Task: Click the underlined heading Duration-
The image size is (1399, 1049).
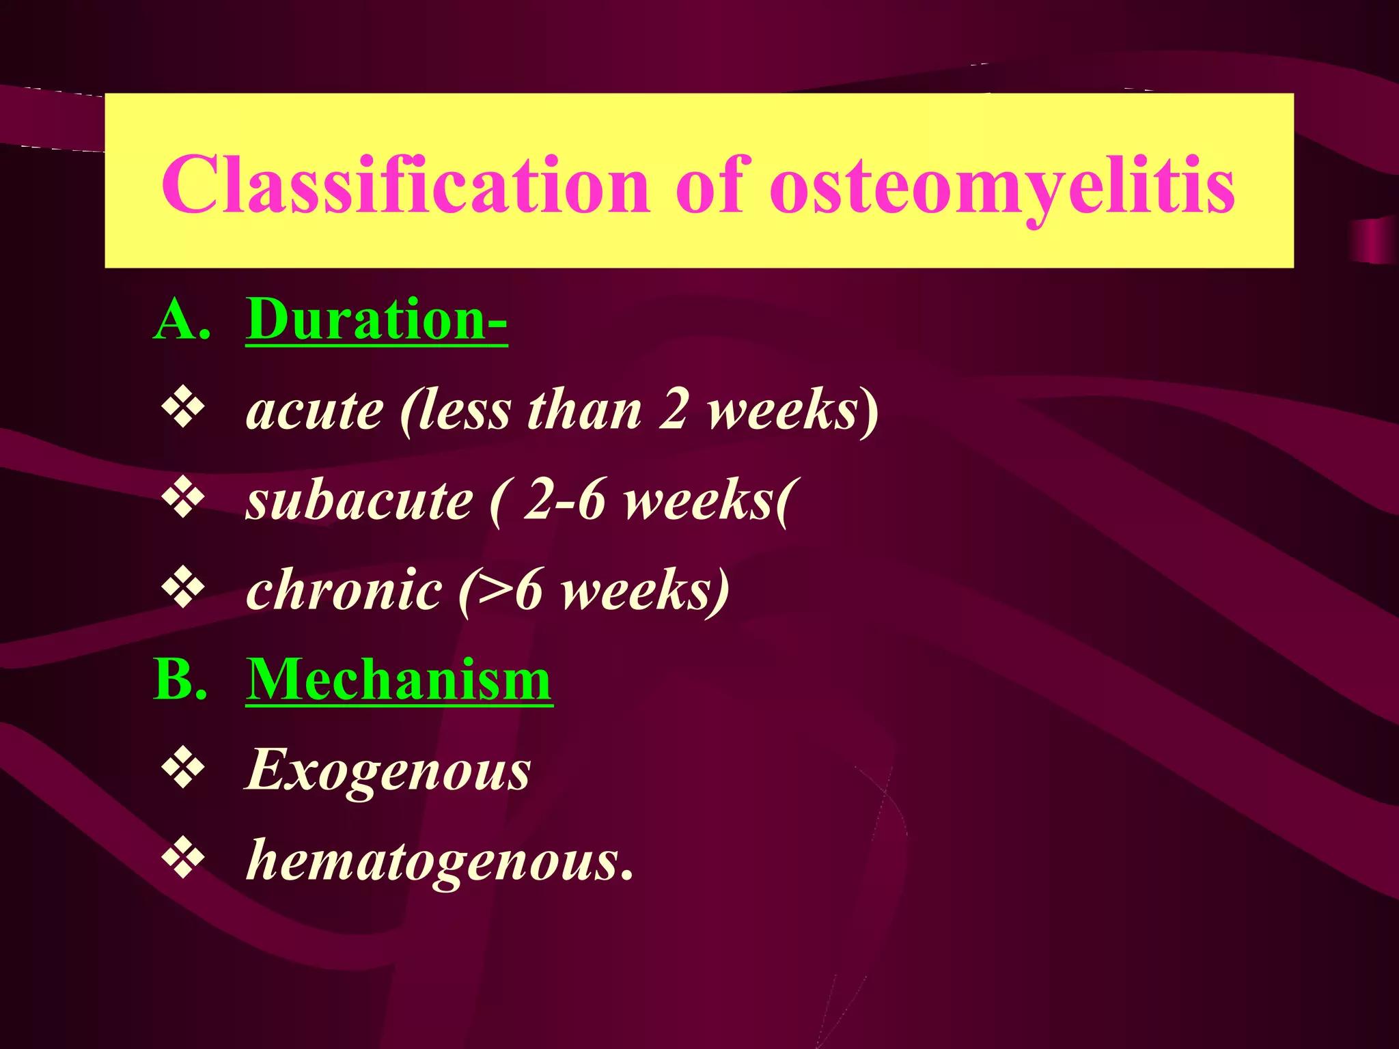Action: pyautogui.click(x=376, y=319)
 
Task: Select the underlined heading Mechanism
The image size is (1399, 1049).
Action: pyautogui.click(x=399, y=680)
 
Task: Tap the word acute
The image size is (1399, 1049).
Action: pyautogui.click(x=314, y=412)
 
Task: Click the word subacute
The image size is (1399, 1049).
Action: pyautogui.click(x=359, y=501)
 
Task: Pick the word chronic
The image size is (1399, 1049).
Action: pyautogui.click(x=344, y=590)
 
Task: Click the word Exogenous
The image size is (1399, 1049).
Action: pyautogui.click(x=387, y=771)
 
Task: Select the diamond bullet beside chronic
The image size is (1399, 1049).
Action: pyautogui.click(x=183, y=589)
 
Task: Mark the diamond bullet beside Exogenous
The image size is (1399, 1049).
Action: pyautogui.click(x=183, y=770)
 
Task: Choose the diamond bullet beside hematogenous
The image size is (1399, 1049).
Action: pyautogui.click(x=183, y=860)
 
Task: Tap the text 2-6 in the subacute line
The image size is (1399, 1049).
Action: pyautogui.click(x=564, y=501)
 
